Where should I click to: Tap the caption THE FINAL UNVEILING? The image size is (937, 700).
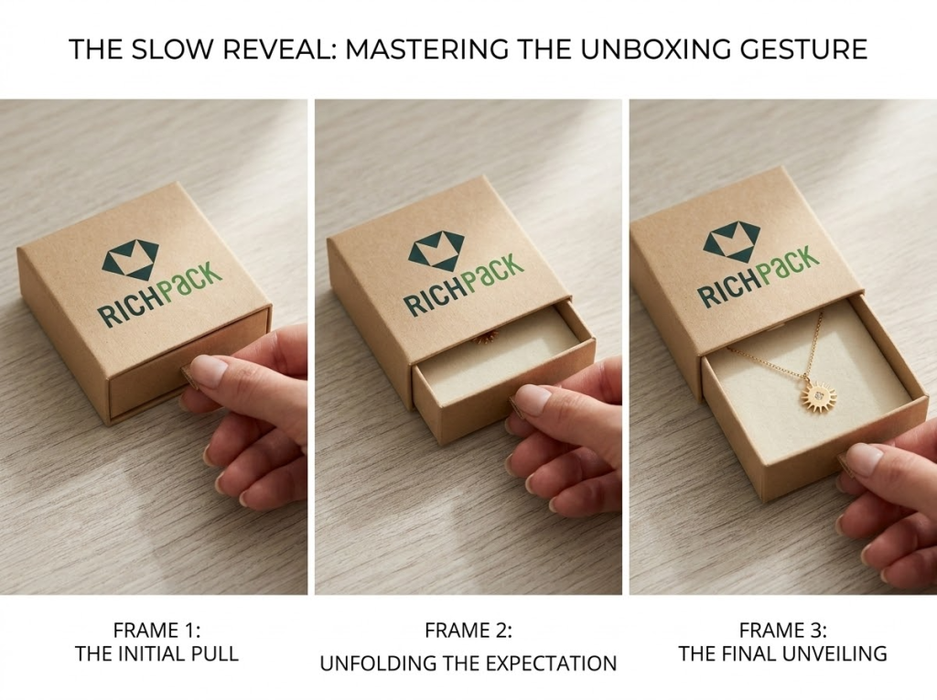(x=782, y=653)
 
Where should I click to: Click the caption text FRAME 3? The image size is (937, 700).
(x=782, y=630)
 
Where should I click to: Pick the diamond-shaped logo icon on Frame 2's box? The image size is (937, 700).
(x=436, y=250)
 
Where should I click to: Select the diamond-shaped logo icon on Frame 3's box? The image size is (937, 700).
(x=731, y=240)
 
